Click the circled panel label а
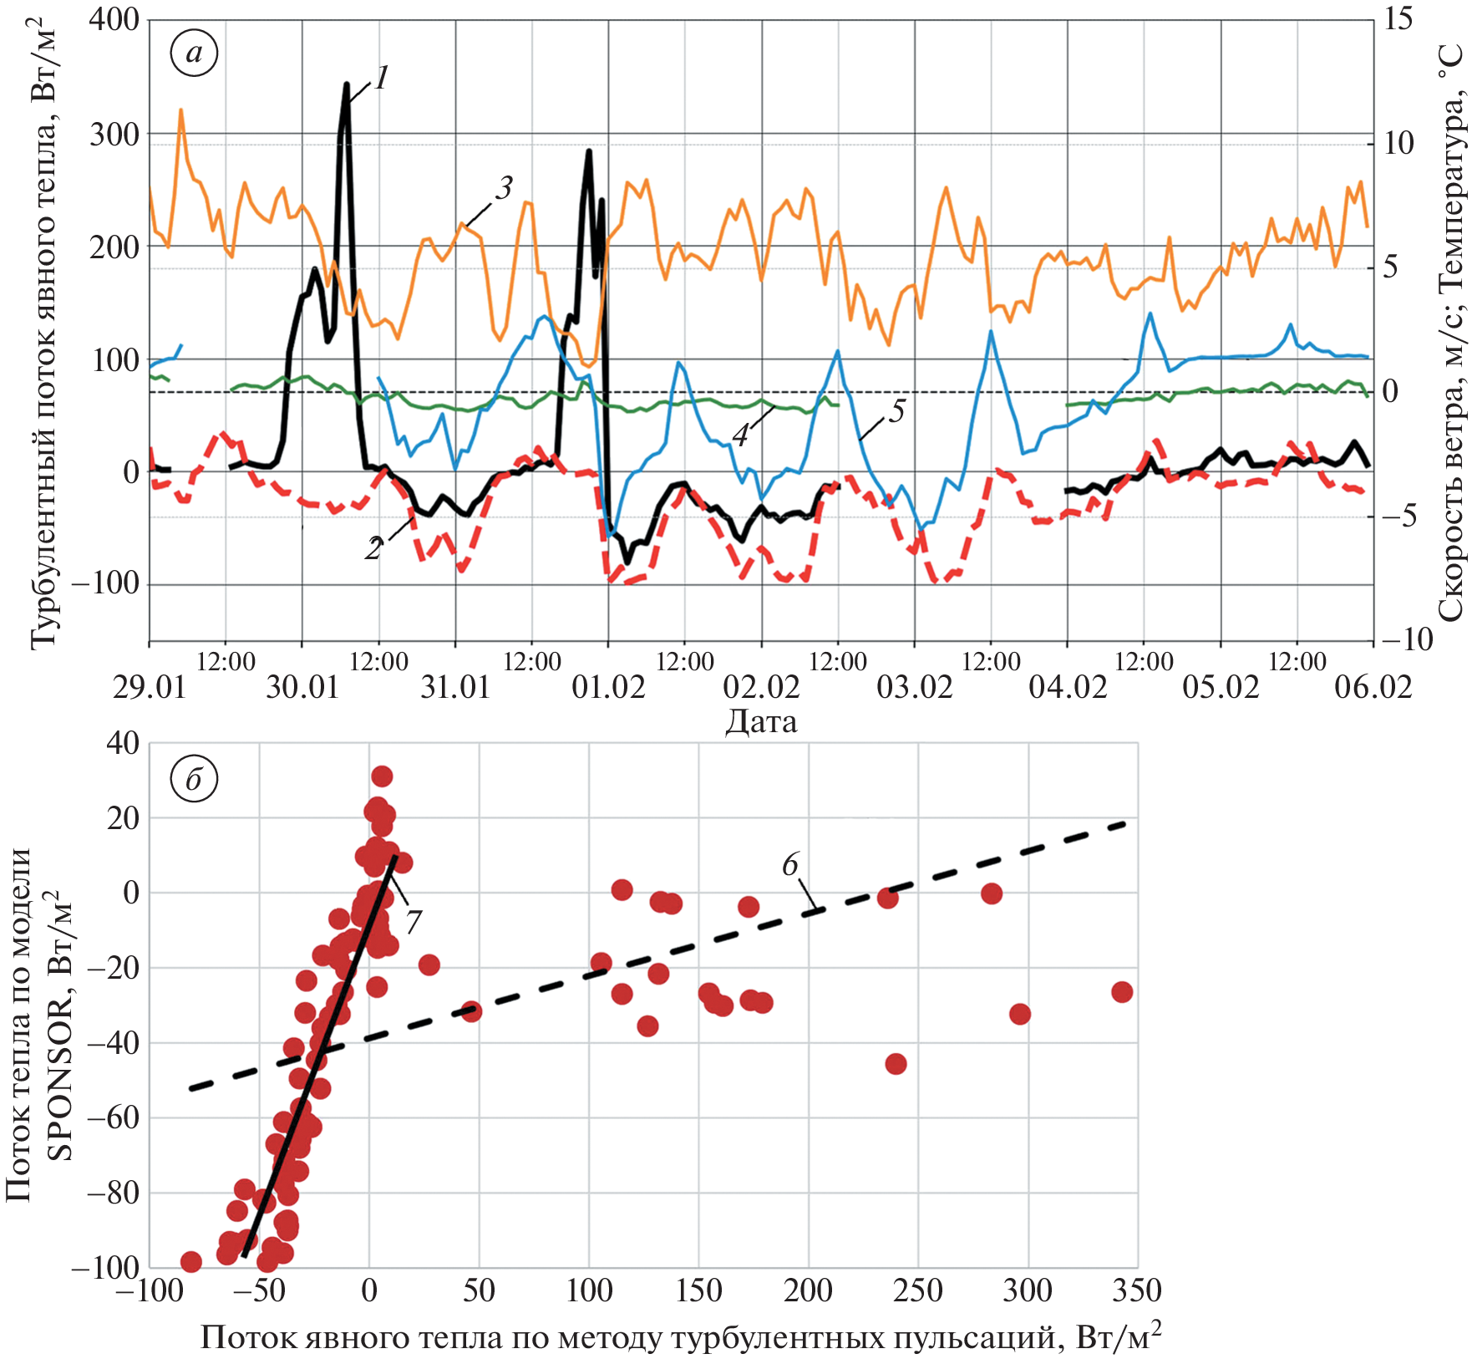point(194,53)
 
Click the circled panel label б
point(194,779)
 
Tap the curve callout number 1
point(381,79)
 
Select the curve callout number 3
point(503,188)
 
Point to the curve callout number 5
point(896,410)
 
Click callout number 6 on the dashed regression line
point(790,864)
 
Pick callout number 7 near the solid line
point(413,922)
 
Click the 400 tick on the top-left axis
point(114,19)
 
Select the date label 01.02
point(608,687)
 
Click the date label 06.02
point(1373,687)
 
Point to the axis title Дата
point(761,720)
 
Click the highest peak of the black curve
point(347,84)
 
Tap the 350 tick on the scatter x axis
point(1137,1290)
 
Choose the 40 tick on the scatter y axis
point(123,743)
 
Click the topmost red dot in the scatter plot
point(382,776)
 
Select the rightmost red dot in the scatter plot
point(1122,992)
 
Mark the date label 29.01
point(150,687)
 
